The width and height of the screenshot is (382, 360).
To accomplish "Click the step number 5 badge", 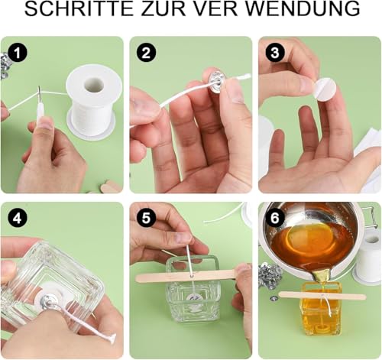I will coord(146,218).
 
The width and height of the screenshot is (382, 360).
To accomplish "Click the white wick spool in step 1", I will coord(92,96).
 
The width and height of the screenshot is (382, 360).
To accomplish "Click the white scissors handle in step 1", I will coord(39,114).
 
